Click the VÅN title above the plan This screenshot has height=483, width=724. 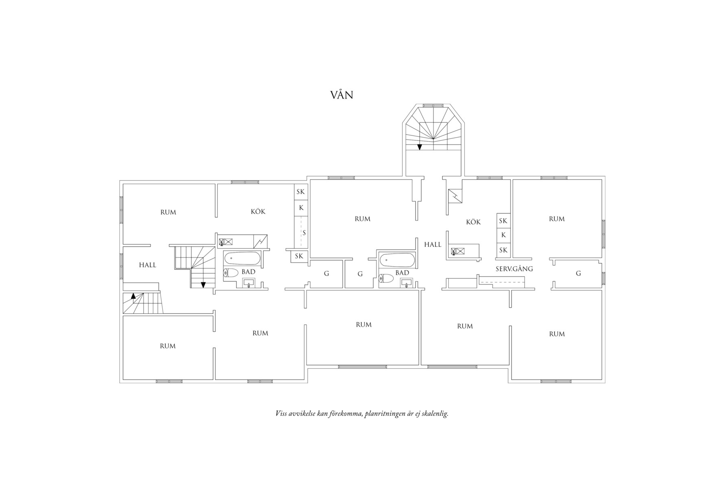coord(341,95)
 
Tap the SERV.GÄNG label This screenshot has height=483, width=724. coord(514,269)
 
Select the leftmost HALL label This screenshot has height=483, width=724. coord(148,265)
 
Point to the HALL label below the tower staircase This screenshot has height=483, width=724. coord(433,245)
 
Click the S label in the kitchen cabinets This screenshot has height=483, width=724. coord(304,233)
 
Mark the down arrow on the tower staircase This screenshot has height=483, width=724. coord(419,146)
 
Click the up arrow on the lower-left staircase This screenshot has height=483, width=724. coord(133,296)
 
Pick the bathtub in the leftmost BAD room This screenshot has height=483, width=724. coord(242,258)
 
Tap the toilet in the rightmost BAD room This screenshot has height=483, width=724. coord(386,279)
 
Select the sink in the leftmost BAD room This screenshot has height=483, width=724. coord(249,282)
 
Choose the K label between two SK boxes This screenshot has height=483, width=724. coord(504,235)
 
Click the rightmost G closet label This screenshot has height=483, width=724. coord(578,273)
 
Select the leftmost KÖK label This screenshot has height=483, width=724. coord(258,212)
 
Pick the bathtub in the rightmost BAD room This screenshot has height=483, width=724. coord(397,260)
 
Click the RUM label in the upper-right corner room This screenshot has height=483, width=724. coord(557,219)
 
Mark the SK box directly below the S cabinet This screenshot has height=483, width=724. coord(299,256)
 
